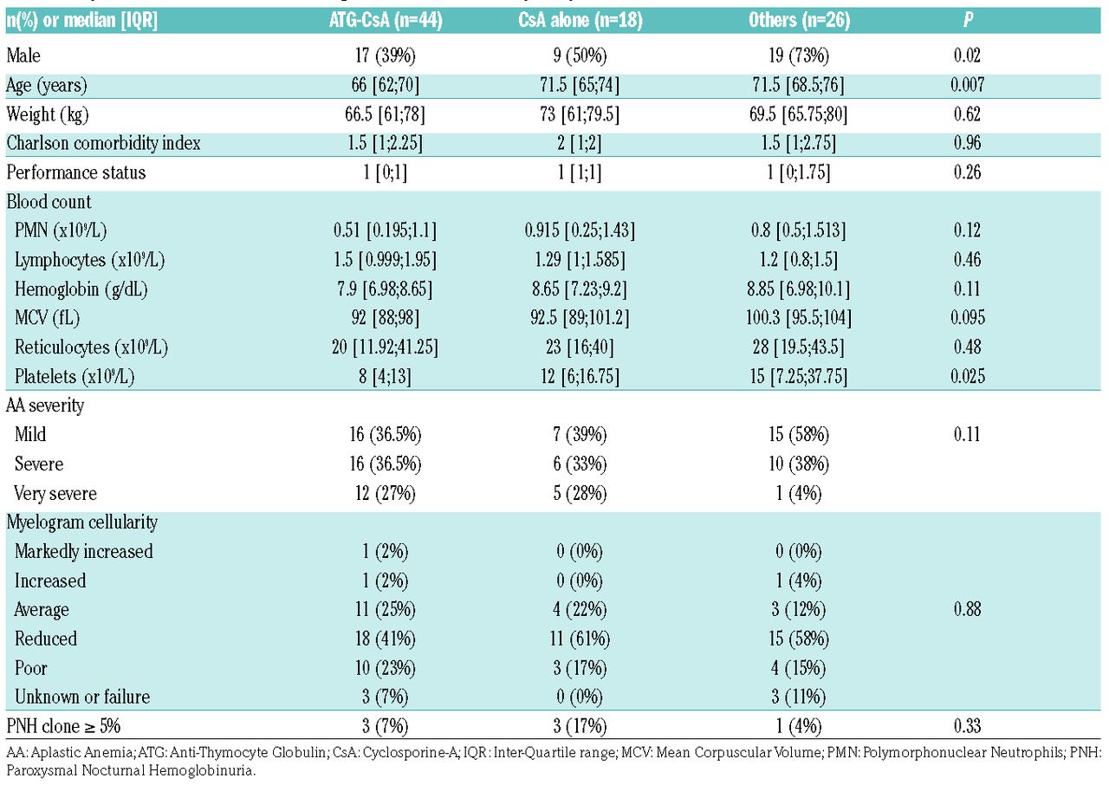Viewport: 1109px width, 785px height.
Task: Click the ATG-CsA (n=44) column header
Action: (x=386, y=20)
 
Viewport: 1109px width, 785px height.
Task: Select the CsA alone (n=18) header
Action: (x=580, y=20)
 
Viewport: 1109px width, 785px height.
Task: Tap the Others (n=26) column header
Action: (x=799, y=20)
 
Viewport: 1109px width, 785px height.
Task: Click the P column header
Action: (x=968, y=19)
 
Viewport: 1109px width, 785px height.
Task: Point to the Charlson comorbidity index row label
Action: (x=103, y=143)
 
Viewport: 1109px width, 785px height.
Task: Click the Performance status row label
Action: (x=76, y=172)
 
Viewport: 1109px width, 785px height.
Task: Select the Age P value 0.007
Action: (x=968, y=85)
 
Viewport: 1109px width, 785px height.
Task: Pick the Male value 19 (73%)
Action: (x=799, y=55)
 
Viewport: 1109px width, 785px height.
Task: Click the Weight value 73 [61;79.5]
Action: (x=580, y=114)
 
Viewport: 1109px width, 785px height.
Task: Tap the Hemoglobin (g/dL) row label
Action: (x=81, y=289)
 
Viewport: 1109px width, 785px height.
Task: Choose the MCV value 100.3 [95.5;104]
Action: (x=799, y=318)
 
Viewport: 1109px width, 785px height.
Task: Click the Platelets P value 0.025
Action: (x=968, y=376)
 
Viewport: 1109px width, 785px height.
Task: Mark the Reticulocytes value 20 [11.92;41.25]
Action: (x=386, y=347)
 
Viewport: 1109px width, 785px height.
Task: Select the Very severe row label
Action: (x=55, y=494)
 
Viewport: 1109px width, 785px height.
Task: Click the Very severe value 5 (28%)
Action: (x=580, y=494)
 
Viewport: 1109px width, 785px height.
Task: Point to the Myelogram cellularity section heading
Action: (x=82, y=522)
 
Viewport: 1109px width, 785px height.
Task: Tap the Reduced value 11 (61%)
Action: (x=580, y=639)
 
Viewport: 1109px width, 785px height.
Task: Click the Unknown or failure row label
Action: (x=82, y=697)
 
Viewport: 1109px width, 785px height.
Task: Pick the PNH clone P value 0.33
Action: (x=968, y=726)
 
